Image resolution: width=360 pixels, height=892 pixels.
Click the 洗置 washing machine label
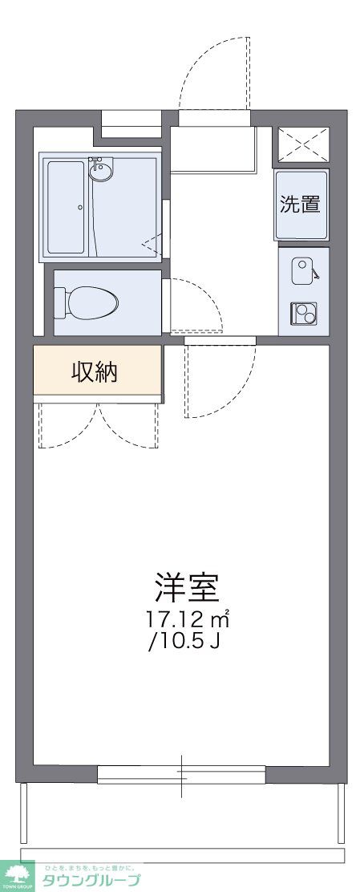click(x=301, y=204)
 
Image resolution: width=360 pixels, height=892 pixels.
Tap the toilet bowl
click(x=92, y=302)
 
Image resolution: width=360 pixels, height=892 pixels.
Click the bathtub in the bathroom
click(x=66, y=207)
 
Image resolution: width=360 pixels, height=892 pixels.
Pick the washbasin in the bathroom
click(x=102, y=170)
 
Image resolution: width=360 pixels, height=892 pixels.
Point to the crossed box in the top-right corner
click(x=303, y=144)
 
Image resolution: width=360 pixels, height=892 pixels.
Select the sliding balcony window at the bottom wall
click(x=181, y=774)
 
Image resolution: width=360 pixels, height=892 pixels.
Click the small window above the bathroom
click(x=131, y=120)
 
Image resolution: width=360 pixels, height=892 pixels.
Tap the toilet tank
click(x=59, y=302)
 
